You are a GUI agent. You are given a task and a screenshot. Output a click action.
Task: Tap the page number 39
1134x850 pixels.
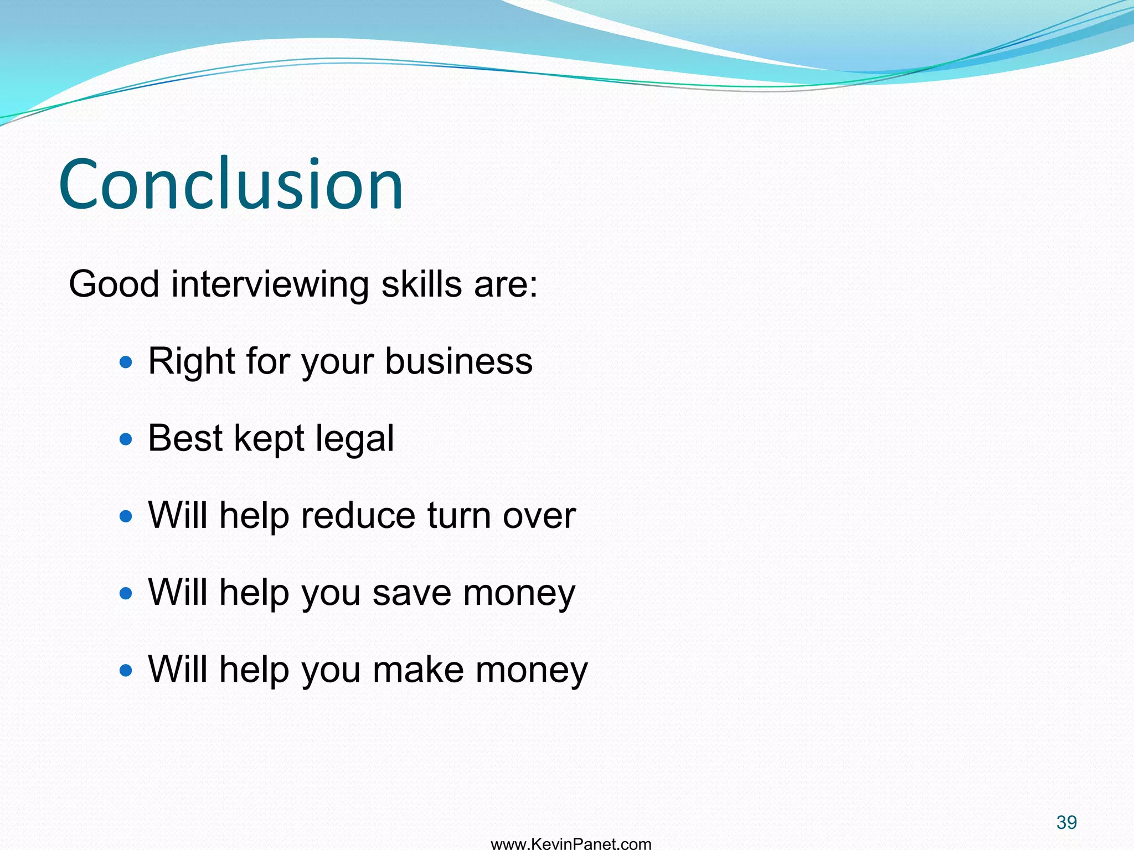pos(1066,822)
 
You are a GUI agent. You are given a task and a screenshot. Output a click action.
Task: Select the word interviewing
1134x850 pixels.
pos(270,284)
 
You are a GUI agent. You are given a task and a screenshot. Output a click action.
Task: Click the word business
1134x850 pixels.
pos(458,361)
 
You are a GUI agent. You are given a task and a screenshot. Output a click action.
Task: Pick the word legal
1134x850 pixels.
pos(354,439)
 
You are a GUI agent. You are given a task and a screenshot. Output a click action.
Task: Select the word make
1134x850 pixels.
pos(418,670)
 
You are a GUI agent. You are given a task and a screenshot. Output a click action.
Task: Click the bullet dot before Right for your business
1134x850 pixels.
pos(126,362)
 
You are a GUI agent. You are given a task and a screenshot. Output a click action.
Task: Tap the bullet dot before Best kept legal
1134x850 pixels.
pos(126,439)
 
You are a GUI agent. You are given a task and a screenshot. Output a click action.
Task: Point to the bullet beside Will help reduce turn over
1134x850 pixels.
pos(126,516)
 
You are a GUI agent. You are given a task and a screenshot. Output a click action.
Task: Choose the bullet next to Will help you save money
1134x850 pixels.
pos(126,593)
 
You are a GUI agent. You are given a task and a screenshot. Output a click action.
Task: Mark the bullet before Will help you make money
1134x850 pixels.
pos(126,671)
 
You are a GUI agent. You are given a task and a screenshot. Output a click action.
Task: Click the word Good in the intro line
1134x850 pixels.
pos(114,284)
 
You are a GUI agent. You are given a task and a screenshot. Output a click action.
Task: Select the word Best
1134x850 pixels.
pos(185,438)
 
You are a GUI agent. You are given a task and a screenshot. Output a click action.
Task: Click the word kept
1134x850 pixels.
pos(269,439)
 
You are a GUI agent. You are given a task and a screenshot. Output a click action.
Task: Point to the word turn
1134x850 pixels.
pos(459,516)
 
